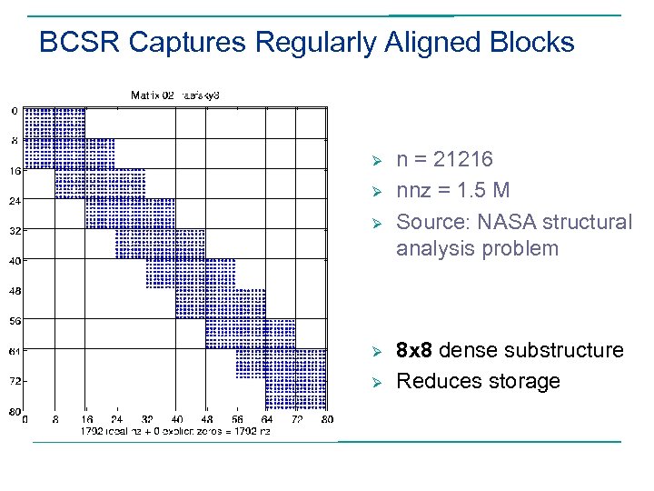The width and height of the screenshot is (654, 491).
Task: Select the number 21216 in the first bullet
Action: click(463, 160)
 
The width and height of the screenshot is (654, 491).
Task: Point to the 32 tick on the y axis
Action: click(14, 231)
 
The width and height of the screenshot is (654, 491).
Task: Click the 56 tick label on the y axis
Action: click(14, 321)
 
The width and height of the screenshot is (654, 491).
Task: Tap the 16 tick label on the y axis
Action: click(14, 171)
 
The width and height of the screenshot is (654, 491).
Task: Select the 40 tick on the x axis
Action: click(177, 420)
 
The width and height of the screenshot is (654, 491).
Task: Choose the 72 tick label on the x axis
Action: click(297, 420)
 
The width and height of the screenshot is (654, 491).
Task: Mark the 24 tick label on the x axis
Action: click(116, 420)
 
